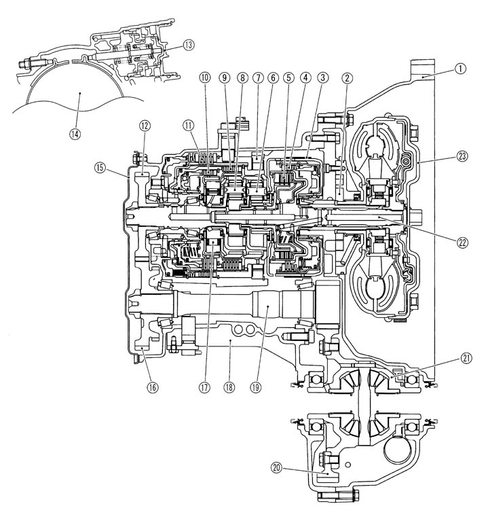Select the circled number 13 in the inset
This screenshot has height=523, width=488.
point(188,45)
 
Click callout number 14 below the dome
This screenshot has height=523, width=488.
point(75,133)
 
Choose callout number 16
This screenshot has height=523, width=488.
point(152,387)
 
